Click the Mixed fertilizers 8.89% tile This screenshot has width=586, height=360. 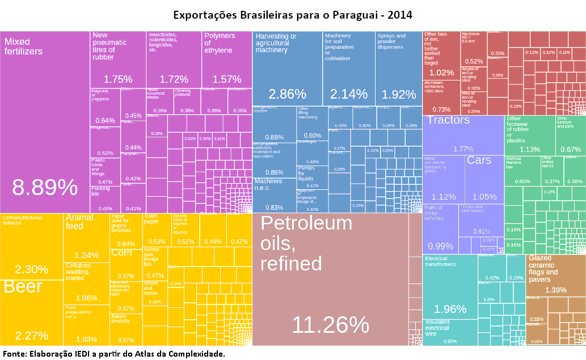point(44,122)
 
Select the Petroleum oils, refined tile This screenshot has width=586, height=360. point(329,278)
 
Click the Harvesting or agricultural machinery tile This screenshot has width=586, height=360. point(287,68)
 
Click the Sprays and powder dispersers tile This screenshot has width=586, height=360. point(398,68)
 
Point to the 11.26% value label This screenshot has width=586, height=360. point(330,325)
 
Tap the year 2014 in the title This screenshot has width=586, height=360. point(399,14)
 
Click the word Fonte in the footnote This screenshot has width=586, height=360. point(14,354)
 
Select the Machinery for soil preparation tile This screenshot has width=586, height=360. point(349,68)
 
